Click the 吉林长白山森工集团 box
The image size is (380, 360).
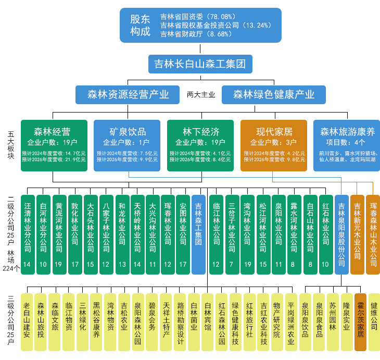click(x=200, y=64)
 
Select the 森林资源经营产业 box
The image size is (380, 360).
click(x=128, y=94)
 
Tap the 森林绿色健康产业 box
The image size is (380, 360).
click(x=274, y=94)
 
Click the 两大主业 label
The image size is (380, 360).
click(x=201, y=95)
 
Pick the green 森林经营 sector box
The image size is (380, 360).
click(x=53, y=145)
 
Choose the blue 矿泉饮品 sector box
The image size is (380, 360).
click(x=128, y=145)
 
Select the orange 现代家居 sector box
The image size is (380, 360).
click(x=274, y=145)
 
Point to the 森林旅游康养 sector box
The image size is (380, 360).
click(x=347, y=145)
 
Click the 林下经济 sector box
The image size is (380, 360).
click(x=201, y=145)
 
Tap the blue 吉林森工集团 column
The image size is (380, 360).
click(x=198, y=234)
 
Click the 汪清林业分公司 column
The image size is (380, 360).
click(x=27, y=234)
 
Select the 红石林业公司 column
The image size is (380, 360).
click(x=325, y=234)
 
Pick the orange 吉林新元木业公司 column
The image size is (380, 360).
click(x=357, y=234)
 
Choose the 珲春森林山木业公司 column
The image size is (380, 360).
click(x=373, y=234)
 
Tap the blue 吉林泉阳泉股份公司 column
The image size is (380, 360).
click(x=341, y=234)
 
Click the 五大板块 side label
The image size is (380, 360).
click(x=11, y=146)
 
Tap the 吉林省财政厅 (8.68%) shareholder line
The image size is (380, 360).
click(x=192, y=34)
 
